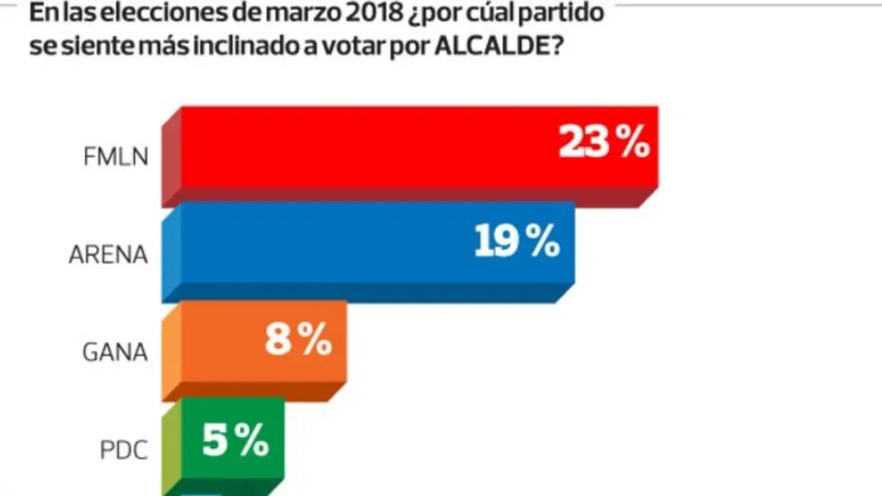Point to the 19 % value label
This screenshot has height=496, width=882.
(x=517, y=242)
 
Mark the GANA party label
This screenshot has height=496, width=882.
(x=114, y=353)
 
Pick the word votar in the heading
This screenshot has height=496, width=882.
(x=362, y=48)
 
